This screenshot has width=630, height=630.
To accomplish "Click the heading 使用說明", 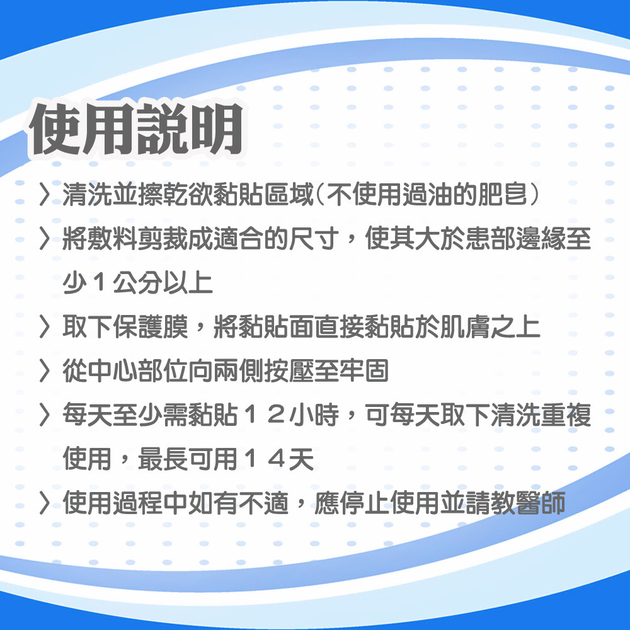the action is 137,129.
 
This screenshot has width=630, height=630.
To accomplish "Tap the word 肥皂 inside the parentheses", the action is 502,195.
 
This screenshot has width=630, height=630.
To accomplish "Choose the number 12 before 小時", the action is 263,415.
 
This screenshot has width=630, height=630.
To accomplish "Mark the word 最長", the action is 163,459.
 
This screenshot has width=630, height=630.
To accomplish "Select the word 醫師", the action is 541,503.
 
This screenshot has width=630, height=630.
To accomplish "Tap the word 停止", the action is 364,503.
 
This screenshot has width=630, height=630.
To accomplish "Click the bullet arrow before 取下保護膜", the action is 45,327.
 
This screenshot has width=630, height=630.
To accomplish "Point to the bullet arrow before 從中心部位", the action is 45,370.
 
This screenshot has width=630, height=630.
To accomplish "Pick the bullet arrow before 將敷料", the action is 45,239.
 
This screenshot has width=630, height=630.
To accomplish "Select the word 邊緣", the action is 541,239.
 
